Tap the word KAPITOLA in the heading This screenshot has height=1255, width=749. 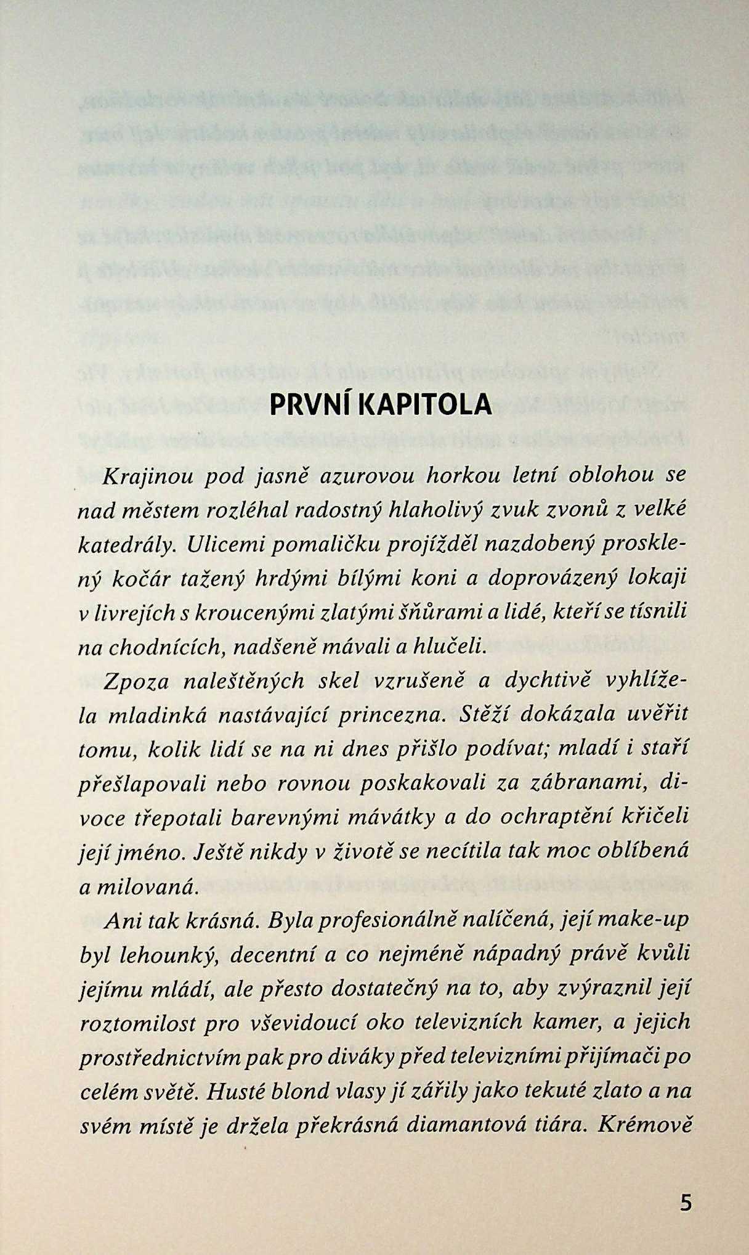[425, 404]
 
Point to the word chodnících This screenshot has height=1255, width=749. [164, 647]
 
